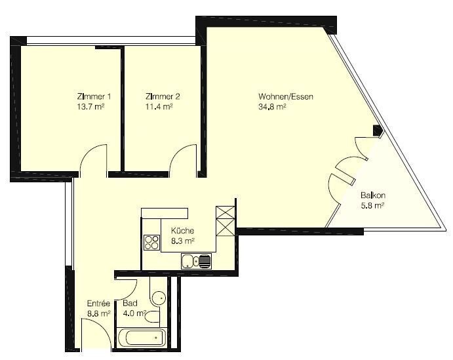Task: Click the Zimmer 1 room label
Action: (94, 96)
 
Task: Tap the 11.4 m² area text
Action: (159, 107)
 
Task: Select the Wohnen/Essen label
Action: (286, 96)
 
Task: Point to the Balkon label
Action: (373, 195)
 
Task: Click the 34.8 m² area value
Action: (272, 107)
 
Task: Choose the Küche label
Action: (183, 231)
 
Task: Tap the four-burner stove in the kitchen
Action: (151, 243)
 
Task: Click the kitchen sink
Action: (197, 261)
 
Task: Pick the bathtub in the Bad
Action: (142, 338)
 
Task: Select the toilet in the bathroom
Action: (152, 317)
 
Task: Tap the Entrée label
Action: (98, 304)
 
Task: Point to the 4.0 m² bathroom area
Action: (134, 313)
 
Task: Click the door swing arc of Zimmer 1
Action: (88, 151)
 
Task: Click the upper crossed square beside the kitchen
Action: (226, 212)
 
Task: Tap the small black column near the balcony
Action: (378, 130)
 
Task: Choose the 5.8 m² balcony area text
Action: (372, 206)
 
